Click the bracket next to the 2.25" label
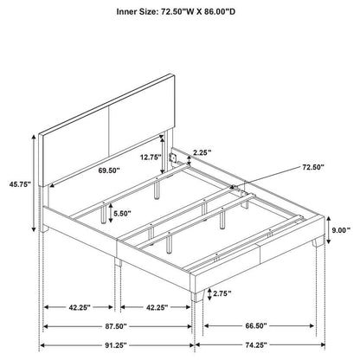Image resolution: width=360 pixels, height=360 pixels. coord(175,158)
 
